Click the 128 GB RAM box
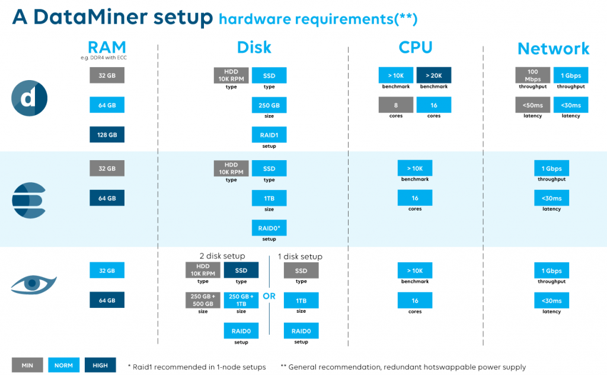(x=107, y=135)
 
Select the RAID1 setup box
(x=269, y=135)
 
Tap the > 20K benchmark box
(x=434, y=75)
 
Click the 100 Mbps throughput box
(x=532, y=75)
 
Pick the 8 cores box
(x=395, y=105)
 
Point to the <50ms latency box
(x=532, y=105)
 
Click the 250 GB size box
(x=269, y=105)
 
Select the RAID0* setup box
(x=269, y=228)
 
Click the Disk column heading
(x=254, y=48)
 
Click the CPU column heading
(x=415, y=48)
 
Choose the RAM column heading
(x=107, y=48)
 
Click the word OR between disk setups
(x=269, y=296)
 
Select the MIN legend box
(x=27, y=366)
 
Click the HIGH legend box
(x=100, y=366)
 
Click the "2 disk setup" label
(x=222, y=256)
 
